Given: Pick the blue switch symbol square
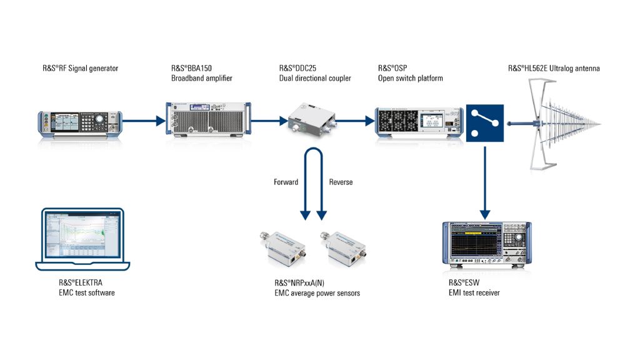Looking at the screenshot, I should click(x=485, y=122).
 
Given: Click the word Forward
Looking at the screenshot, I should click(x=286, y=182).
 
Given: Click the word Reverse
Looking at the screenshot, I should click(x=341, y=182).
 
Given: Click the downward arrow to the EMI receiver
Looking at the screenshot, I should click(x=485, y=181).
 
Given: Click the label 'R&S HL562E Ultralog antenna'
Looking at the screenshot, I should click(x=554, y=69).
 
